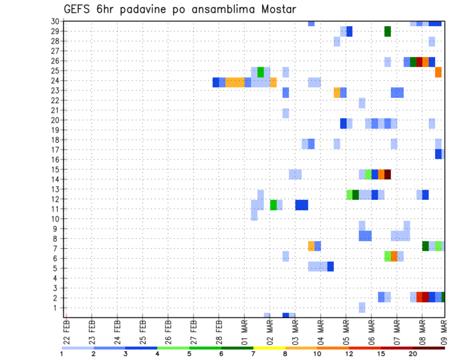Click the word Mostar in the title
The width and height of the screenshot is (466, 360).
point(276,9)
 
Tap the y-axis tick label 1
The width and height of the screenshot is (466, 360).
point(56,308)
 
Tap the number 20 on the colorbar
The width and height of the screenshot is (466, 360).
point(413,354)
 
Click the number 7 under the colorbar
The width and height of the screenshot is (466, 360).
point(253,354)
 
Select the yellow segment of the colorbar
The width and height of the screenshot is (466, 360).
point(269,348)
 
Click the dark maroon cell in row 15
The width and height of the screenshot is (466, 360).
point(387,174)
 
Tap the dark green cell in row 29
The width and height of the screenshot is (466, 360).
point(387,32)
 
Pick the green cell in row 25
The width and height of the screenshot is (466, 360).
point(261,72)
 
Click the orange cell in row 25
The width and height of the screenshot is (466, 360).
point(438,72)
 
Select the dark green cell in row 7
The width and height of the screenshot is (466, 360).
point(425,246)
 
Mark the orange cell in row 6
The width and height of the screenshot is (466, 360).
point(394,256)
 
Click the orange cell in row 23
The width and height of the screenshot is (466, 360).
point(337,92)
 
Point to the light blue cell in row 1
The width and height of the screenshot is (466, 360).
point(362,308)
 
